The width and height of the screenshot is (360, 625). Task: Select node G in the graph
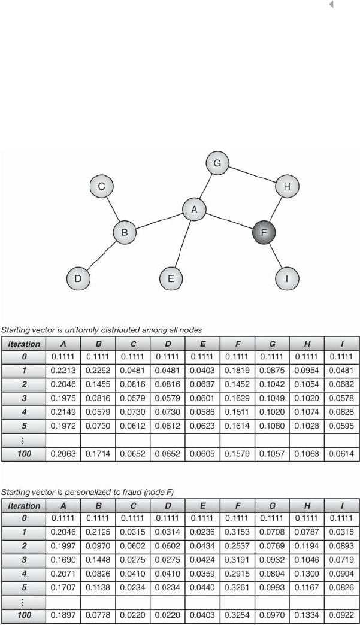pyautogui.click(x=217, y=163)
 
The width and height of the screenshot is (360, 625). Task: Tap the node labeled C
pyautogui.click(x=102, y=187)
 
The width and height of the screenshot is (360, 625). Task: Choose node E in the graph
pyautogui.click(x=171, y=278)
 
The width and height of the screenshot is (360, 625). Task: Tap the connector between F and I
pyautogui.click(x=276, y=256)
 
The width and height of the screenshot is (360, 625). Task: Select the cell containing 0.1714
pyautogui.click(x=98, y=454)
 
